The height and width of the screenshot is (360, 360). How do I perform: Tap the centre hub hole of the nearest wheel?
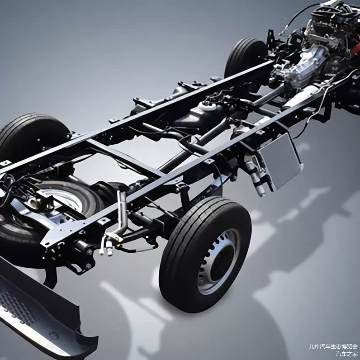pyautogui.click(x=220, y=262)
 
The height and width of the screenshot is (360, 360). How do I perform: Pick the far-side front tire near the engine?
pyautogui.click(x=246, y=57)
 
